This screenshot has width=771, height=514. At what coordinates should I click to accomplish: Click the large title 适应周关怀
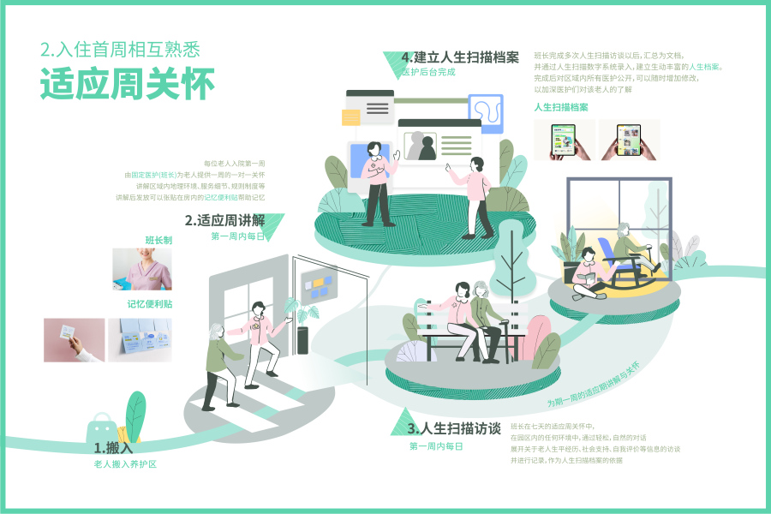tap(128, 87)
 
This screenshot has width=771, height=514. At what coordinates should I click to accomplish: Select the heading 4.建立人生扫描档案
tap(460, 57)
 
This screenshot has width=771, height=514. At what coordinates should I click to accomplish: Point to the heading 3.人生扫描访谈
tap(454, 428)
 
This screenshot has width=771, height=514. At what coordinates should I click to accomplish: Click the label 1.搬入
tap(113, 447)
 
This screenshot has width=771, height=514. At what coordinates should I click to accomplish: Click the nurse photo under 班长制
tap(141, 269)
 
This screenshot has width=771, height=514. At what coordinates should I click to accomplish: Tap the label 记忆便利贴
tap(149, 304)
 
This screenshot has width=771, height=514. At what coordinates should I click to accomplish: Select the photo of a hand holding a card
tap(75, 340)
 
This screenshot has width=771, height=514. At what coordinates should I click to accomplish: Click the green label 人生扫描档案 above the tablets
tap(561, 107)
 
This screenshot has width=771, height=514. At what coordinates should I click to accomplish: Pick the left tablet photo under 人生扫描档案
tap(565, 140)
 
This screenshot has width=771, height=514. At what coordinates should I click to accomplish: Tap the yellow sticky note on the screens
tap(351, 117)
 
